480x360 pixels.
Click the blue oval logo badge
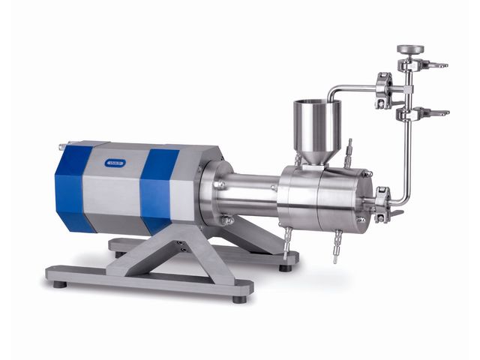[115, 161]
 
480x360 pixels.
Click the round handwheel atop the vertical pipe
[410, 49]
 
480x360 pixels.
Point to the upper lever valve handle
[433, 65]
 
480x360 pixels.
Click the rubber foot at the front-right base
[239, 298]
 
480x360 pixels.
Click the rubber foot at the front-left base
[59, 283]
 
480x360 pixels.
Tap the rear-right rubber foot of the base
[285, 266]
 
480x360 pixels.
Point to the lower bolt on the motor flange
[224, 220]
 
